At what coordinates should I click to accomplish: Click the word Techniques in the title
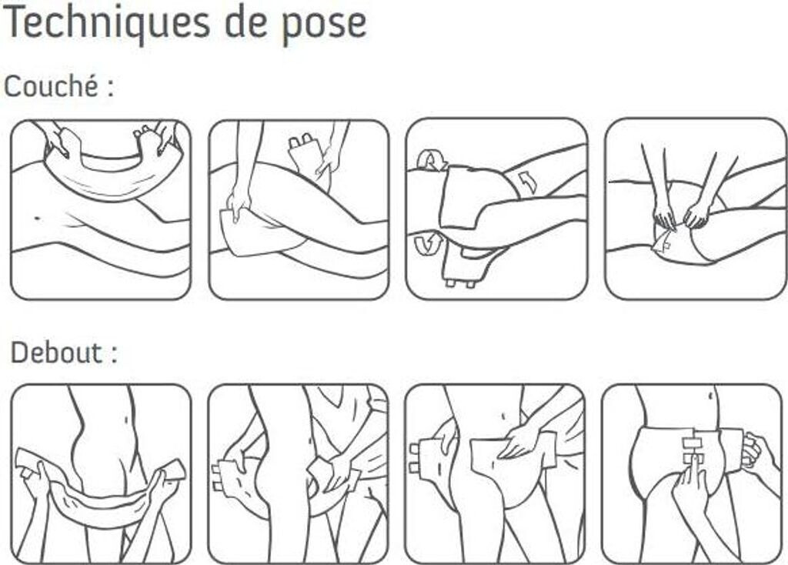107,22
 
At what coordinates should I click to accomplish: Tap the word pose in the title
324,24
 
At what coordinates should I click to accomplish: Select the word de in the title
245,21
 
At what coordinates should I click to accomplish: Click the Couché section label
58,86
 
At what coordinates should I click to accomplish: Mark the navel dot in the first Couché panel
37,218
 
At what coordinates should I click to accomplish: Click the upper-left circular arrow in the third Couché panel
432,160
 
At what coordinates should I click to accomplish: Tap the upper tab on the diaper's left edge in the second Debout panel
217,469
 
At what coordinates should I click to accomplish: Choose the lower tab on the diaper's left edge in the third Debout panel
415,469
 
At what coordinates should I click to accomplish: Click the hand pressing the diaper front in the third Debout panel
520,438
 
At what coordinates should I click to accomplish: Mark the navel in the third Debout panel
503,416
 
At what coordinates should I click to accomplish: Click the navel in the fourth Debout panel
710,396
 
